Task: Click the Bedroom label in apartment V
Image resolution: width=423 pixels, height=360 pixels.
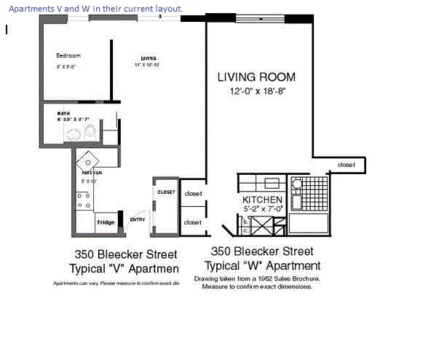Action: [x=68, y=55]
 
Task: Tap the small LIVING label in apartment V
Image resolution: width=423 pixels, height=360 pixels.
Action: [x=149, y=58]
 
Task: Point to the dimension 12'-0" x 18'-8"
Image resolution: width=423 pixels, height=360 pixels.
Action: [x=257, y=92]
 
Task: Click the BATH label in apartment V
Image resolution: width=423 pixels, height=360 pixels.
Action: [x=63, y=113]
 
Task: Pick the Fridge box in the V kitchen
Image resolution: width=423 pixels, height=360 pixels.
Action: [x=106, y=222]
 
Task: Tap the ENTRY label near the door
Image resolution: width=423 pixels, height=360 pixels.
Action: [x=137, y=219]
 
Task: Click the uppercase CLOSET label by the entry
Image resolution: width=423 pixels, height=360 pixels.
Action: [x=166, y=192]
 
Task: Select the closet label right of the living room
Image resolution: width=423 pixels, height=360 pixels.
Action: [x=347, y=165]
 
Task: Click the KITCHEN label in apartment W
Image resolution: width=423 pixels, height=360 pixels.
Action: [x=262, y=199]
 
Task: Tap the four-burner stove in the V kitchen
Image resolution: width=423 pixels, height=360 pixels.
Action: [x=84, y=200]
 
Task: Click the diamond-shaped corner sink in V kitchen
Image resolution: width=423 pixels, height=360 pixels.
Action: [x=87, y=160]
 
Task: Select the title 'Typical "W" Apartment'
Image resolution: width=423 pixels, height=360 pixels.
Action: [x=261, y=266]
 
